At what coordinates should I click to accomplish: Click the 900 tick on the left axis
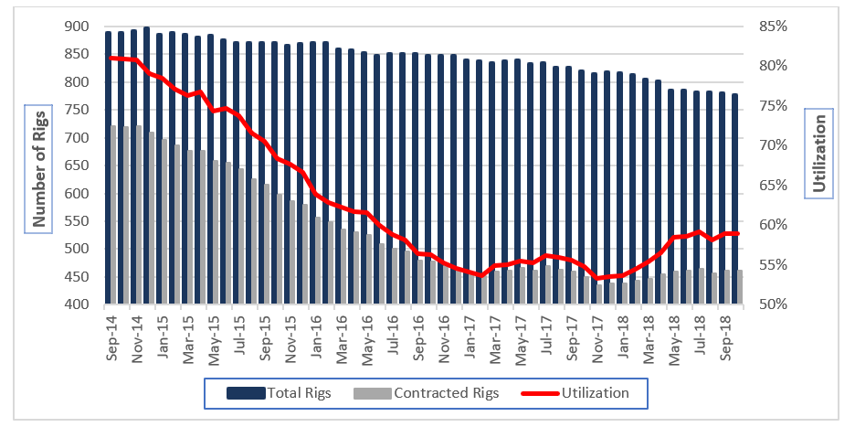(x=77, y=27)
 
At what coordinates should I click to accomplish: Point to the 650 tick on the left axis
(x=77, y=165)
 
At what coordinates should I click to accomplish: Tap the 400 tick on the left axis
(x=77, y=304)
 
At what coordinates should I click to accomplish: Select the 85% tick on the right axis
(x=775, y=27)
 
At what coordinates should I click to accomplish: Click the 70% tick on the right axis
(x=775, y=145)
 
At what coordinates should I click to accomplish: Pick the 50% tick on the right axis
(x=775, y=304)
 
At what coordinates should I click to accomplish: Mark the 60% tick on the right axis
(x=775, y=225)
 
